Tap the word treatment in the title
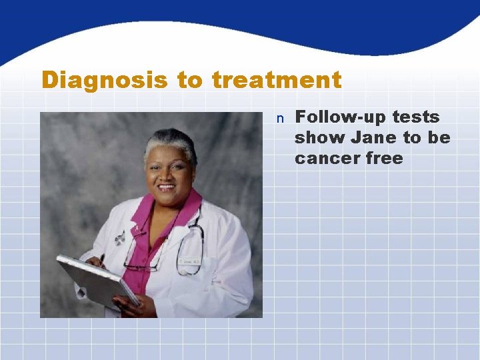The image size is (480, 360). point(276,81)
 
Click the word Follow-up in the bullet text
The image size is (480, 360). point(339,117)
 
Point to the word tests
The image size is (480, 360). point(416,117)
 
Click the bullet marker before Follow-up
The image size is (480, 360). point(281,119)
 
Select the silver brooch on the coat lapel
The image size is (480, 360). point(120,237)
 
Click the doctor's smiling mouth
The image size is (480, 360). point(167,189)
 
